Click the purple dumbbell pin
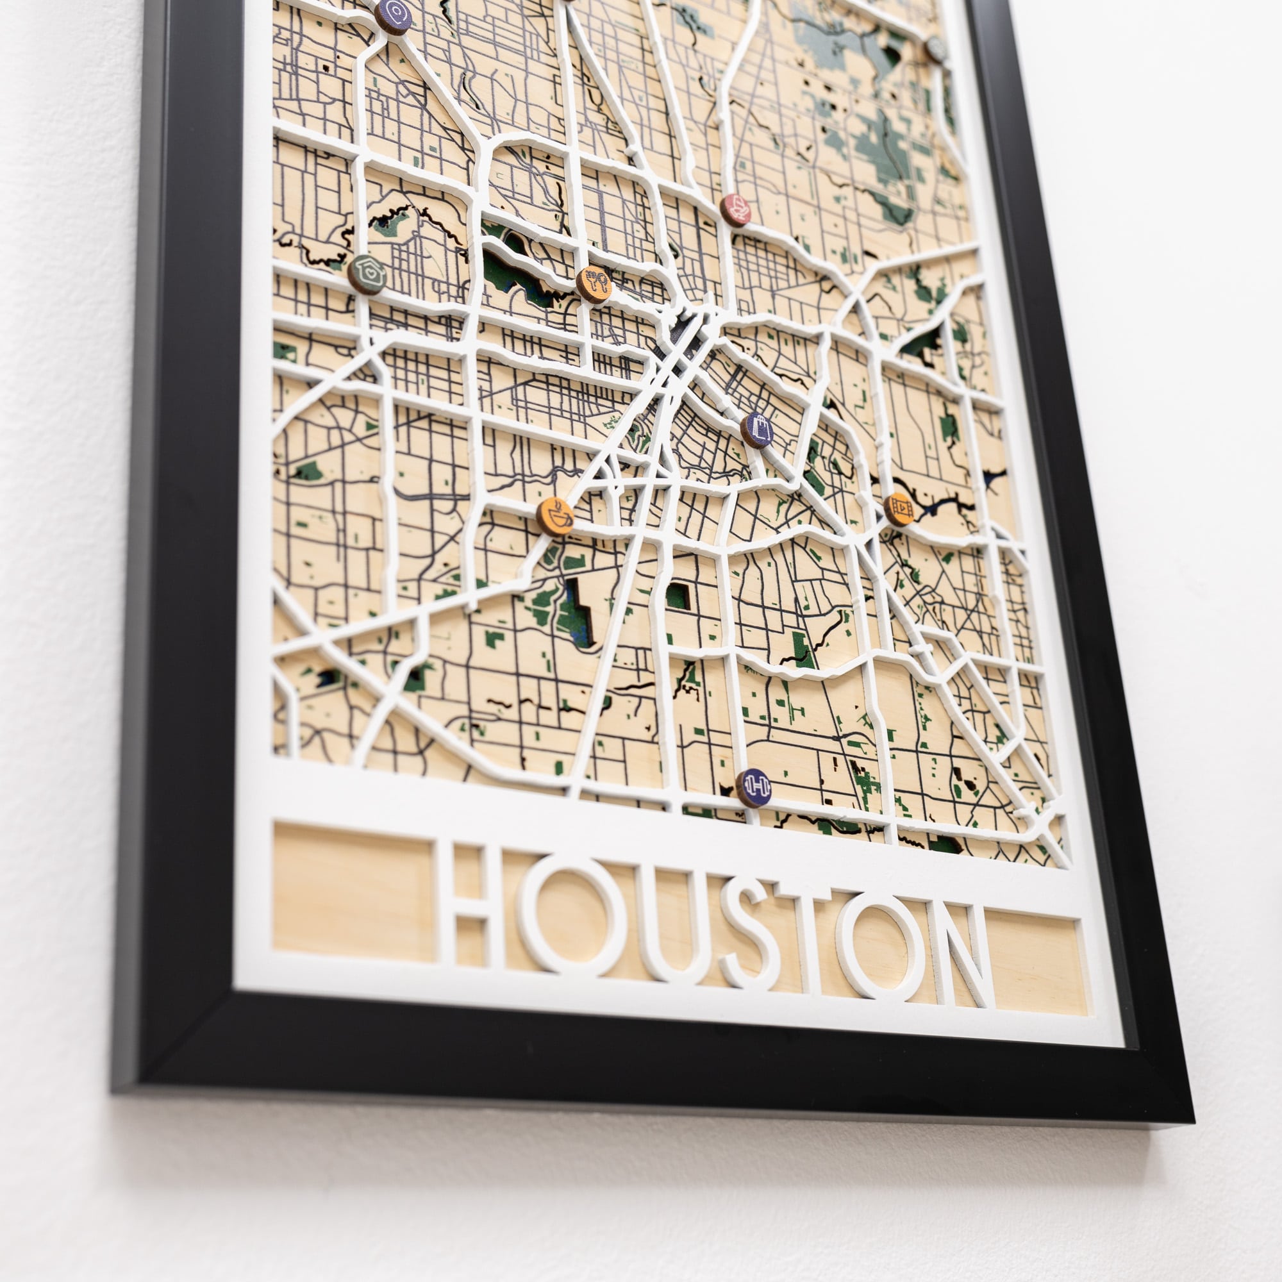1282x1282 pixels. coord(754,787)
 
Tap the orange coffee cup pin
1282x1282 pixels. coord(555,515)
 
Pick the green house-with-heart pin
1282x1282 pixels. coord(367,274)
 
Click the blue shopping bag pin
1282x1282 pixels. coord(758,430)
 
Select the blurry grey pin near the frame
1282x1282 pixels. coord(937,49)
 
